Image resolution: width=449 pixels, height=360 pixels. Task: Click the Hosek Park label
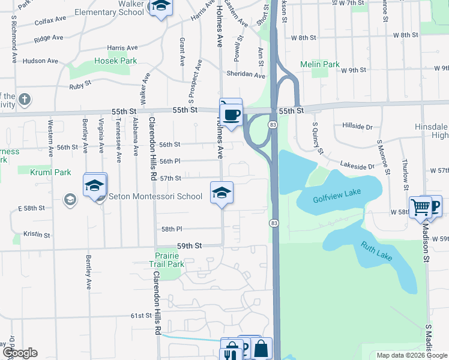point(115,61)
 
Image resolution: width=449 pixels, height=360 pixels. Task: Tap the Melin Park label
point(320,64)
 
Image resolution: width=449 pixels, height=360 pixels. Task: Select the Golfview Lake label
point(338,200)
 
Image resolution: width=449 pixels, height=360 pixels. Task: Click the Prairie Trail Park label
point(166,259)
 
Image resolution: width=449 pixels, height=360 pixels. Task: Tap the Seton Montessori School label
point(152,196)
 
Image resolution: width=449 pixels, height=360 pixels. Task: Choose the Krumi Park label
point(53,172)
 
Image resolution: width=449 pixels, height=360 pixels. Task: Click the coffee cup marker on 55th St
point(231,113)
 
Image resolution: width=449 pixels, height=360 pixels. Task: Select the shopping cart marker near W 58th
point(421,208)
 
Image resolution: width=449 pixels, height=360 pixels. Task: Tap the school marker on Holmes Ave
point(221,193)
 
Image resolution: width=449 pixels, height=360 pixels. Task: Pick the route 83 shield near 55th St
point(273,124)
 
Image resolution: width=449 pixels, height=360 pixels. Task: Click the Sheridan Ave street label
point(246,75)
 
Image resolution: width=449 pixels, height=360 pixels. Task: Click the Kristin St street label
point(37,233)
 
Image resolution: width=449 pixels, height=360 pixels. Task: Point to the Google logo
point(19,353)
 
